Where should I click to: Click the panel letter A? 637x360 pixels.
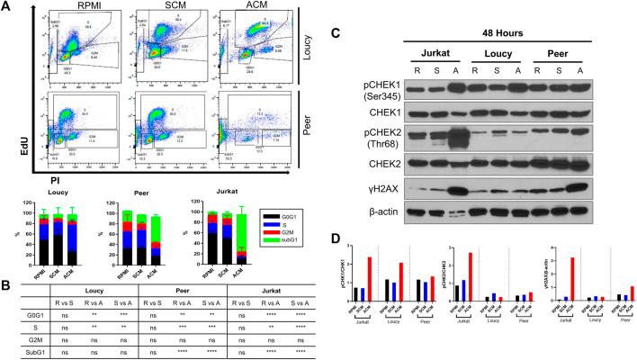pyautogui.click(x=7, y=7)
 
